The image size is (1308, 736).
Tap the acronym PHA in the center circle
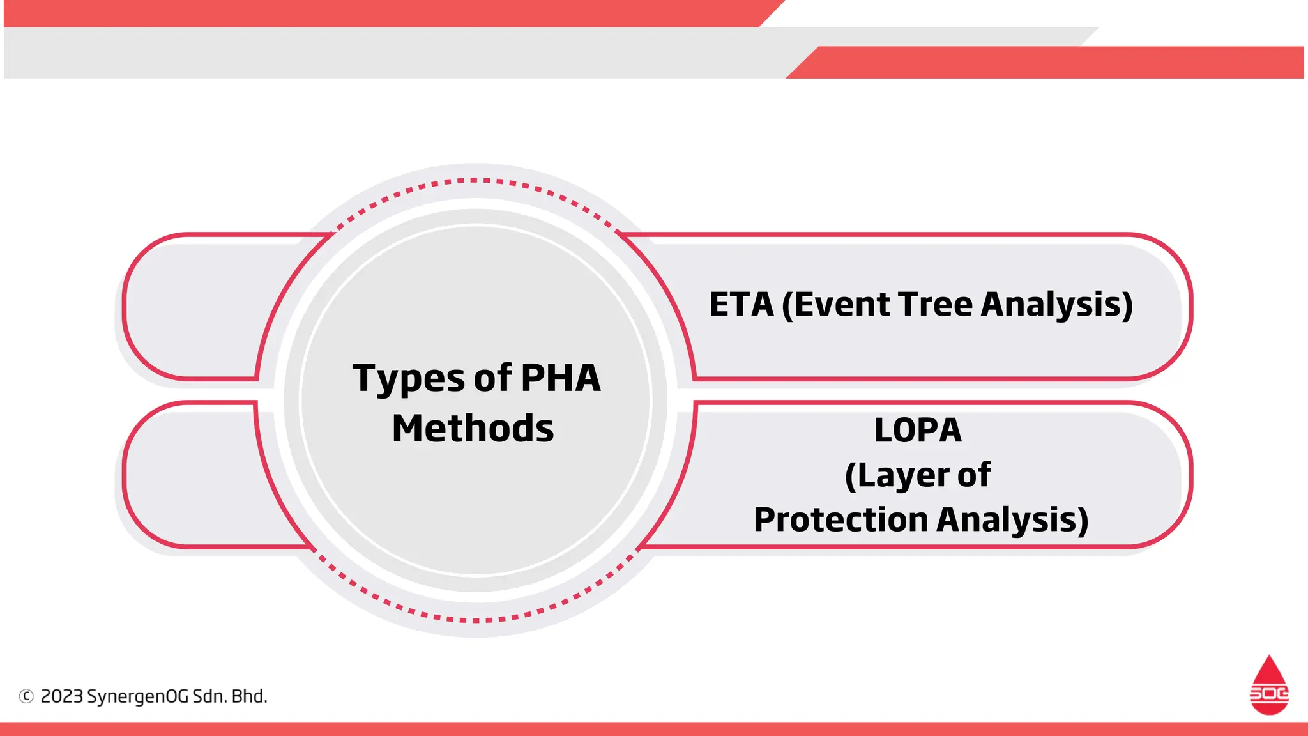tap(560, 378)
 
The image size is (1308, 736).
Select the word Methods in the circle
tap(473, 428)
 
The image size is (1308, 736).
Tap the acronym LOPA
tap(918, 430)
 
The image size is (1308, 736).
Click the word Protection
tap(840, 519)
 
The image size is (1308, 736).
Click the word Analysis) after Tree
tap(1056, 304)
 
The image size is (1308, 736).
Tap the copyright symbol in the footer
tap(26, 696)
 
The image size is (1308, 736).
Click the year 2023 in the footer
tap(61, 696)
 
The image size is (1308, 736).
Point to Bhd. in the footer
tap(249, 696)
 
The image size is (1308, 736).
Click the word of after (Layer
tap(974, 475)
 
